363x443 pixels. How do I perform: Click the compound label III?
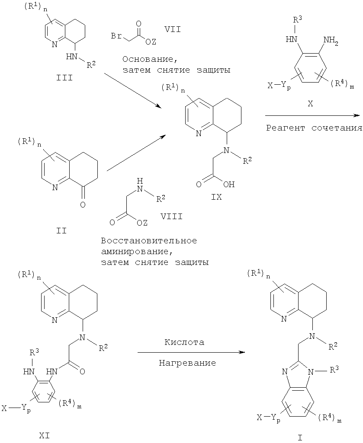pos(62,78)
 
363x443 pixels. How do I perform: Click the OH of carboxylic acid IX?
pos(229,185)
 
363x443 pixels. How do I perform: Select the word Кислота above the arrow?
pos(184,342)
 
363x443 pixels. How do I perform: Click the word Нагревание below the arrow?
pos(187,363)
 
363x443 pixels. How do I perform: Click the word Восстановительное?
pos(148,241)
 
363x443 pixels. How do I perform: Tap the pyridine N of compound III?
pos(53,44)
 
